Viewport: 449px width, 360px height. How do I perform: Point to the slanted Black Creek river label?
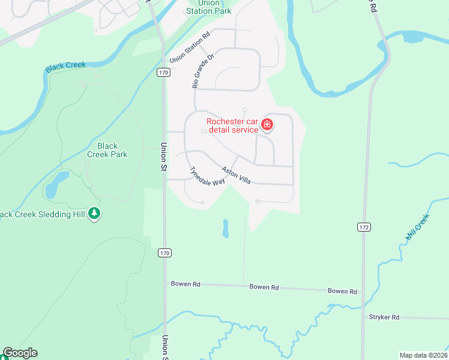(66, 67)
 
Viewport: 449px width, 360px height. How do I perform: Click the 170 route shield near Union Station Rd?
(164, 72)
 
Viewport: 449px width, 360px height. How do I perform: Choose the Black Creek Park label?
(107, 150)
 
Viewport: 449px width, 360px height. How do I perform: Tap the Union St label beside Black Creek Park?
(163, 157)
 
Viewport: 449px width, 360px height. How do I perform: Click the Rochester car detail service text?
(232, 125)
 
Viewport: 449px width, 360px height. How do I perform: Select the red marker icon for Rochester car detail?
(267, 125)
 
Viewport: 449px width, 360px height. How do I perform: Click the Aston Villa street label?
(236, 175)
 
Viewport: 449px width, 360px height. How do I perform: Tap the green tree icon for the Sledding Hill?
(94, 213)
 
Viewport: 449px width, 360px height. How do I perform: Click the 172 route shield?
(363, 227)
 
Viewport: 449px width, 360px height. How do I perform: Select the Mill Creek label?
(418, 227)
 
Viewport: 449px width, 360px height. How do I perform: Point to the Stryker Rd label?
(385, 316)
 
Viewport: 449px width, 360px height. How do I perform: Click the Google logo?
(19, 353)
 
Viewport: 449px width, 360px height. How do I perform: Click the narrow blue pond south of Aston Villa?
(226, 228)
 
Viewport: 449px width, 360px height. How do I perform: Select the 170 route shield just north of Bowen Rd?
(164, 253)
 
